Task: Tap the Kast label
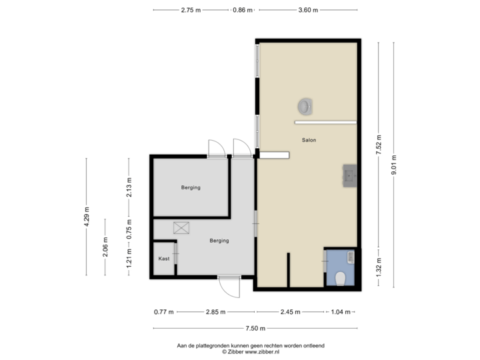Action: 163,259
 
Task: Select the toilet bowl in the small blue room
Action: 340,277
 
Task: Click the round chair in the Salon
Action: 306,105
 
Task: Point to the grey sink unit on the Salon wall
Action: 349,175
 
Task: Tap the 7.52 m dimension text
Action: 378,145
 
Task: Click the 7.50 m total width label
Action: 254,329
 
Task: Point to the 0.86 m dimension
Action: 242,10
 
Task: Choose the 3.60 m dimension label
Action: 308,10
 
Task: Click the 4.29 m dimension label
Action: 86,217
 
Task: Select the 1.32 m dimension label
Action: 378,267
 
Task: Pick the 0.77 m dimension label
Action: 163,311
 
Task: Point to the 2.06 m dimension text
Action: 105,247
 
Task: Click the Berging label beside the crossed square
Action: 219,241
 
